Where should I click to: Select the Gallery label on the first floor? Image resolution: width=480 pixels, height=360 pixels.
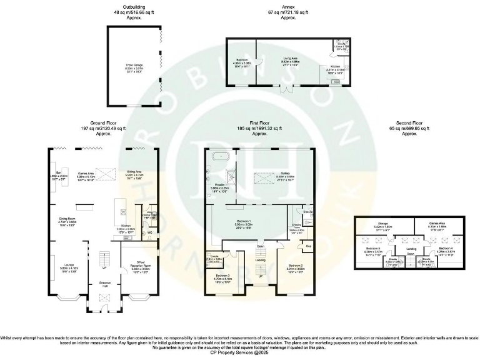tap(285, 174)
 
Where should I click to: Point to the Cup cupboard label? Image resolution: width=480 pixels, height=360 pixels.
tap(308, 246)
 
